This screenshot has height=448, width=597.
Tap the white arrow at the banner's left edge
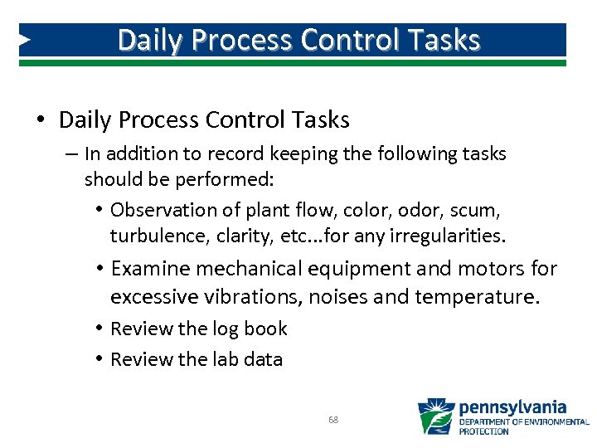25,39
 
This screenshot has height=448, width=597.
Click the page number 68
333,420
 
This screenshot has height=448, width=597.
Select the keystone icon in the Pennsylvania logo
435,416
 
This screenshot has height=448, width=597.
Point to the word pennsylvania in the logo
512,407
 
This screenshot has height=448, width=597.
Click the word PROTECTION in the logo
483,431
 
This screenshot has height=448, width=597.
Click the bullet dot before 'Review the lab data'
99,358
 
